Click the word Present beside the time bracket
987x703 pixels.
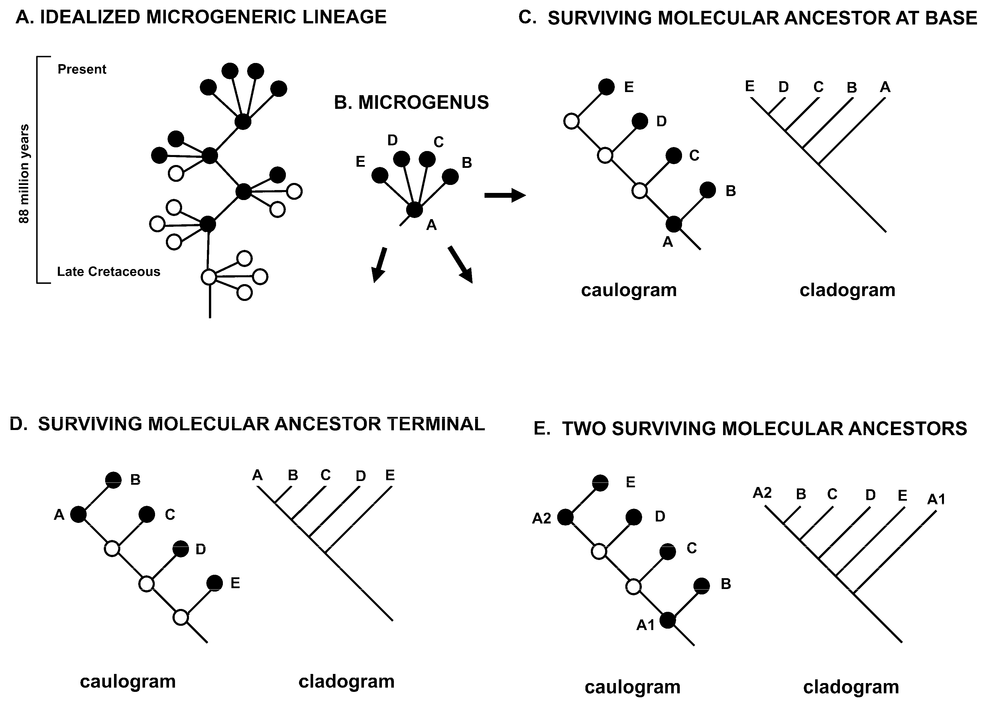(x=82, y=69)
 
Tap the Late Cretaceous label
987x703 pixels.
(x=109, y=271)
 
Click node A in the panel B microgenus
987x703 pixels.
(x=414, y=210)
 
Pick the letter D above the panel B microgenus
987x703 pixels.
(x=392, y=140)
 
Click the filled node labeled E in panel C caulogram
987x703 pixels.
(x=607, y=87)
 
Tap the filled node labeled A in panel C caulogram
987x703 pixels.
(x=673, y=224)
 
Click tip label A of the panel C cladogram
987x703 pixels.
(x=885, y=87)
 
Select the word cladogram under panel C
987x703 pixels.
(x=847, y=290)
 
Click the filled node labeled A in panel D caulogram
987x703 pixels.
(x=78, y=515)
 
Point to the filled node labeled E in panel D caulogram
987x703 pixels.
(x=214, y=583)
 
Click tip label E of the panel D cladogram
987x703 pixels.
(x=390, y=475)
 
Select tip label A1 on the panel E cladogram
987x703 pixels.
(x=936, y=500)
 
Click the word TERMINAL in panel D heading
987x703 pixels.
(x=436, y=424)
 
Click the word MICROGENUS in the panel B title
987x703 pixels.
(x=423, y=103)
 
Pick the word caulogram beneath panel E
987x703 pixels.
(x=632, y=687)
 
